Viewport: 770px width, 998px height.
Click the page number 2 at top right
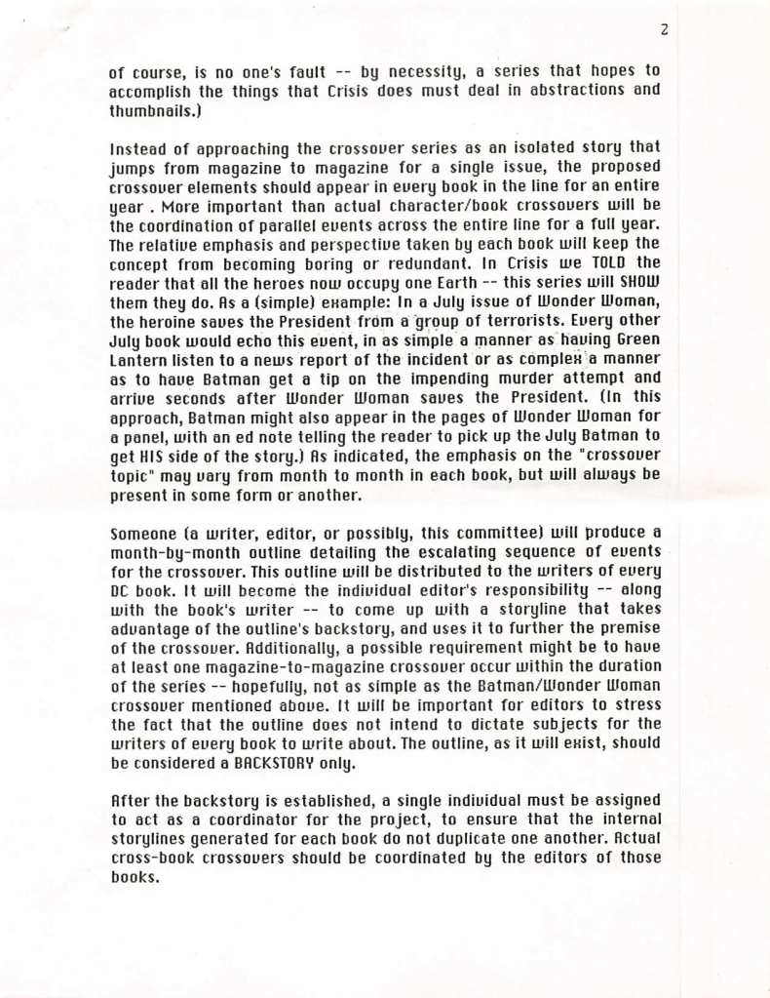pos(663,30)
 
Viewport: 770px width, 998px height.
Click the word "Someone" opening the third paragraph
pos(142,532)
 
